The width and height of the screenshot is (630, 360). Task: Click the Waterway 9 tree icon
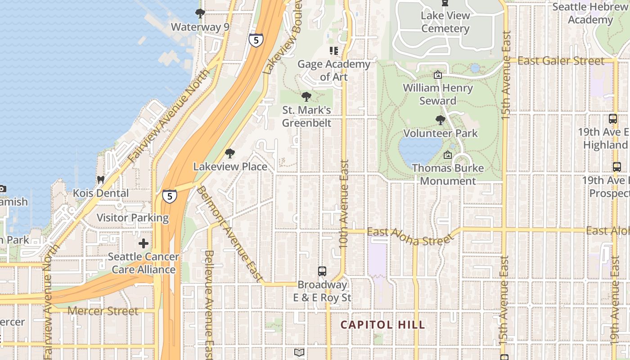pos(200,13)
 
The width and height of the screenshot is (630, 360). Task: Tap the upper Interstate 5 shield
pos(256,40)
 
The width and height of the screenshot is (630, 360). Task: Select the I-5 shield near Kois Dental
pos(169,196)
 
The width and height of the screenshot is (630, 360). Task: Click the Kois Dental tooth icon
pos(100,180)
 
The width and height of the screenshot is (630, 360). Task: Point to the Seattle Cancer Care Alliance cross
pos(144,244)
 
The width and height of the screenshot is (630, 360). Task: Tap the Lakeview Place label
pos(230,166)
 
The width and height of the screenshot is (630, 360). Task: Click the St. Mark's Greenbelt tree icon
pos(306,96)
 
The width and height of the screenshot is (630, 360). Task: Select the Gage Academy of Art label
pos(333,70)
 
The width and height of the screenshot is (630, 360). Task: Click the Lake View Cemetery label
pos(445,22)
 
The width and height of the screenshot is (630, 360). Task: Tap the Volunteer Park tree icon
pos(441,120)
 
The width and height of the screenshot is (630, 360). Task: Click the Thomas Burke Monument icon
pos(447,155)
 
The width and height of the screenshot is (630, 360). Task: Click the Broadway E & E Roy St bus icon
pos(322,271)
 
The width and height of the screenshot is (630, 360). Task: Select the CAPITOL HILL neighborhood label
pos(382,324)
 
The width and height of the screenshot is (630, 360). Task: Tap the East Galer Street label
pos(560,61)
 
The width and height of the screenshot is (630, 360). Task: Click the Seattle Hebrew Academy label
pos(590,13)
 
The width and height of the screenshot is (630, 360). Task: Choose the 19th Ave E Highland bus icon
pos(612,119)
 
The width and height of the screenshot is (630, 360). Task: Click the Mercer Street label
pos(103,311)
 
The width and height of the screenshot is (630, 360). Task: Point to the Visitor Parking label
pos(133,218)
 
